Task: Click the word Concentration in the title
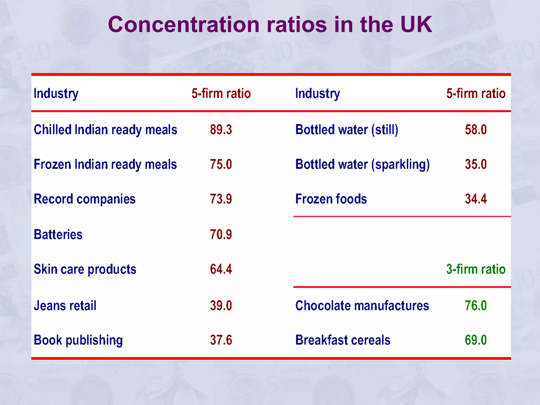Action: click(184, 25)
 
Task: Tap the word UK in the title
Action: click(416, 25)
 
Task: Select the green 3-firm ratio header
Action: click(476, 269)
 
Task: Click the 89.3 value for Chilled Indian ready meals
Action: click(221, 130)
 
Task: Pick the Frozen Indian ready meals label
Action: click(105, 165)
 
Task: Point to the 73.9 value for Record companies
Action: click(221, 199)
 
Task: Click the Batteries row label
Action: click(58, 234)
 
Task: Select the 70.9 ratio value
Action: click(221, 234)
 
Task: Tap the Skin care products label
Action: click(85, 269)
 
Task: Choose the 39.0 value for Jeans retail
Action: click(221, 306)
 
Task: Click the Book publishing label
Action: click(78, 340)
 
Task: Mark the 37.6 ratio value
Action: click(221, 340)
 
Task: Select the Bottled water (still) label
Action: click(347, 130)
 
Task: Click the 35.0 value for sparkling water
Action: click(476, 165)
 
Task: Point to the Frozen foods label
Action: click(331, 199)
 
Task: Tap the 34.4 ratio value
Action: click(476, 199)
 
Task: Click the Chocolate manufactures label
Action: click(362, 306)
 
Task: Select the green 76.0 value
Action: click(476, 306)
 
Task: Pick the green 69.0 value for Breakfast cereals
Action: click(476, 340)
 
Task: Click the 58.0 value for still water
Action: click(476, 130)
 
